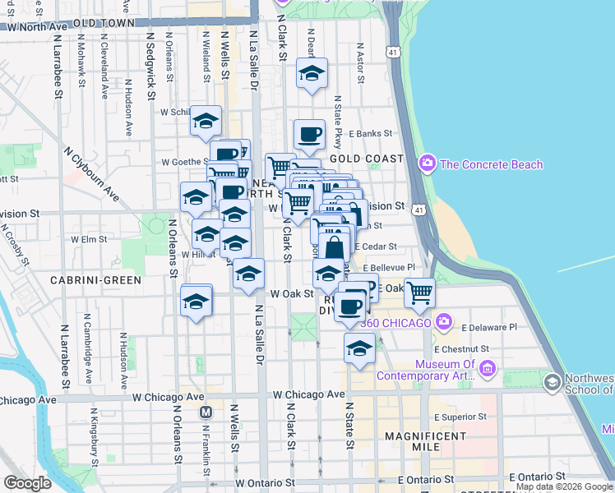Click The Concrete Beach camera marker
(x=427, y=164)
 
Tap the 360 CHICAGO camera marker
(x=445, y=321)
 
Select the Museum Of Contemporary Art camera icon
(x=488, y=371)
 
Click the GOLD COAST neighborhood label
(x=367, y=158)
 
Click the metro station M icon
(x=206, y=411)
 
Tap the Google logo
(x=27, y=483)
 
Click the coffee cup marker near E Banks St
(x=309, y=135)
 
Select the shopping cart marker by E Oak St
(x=420, y=292)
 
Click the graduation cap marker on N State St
(x=358, y=349)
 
